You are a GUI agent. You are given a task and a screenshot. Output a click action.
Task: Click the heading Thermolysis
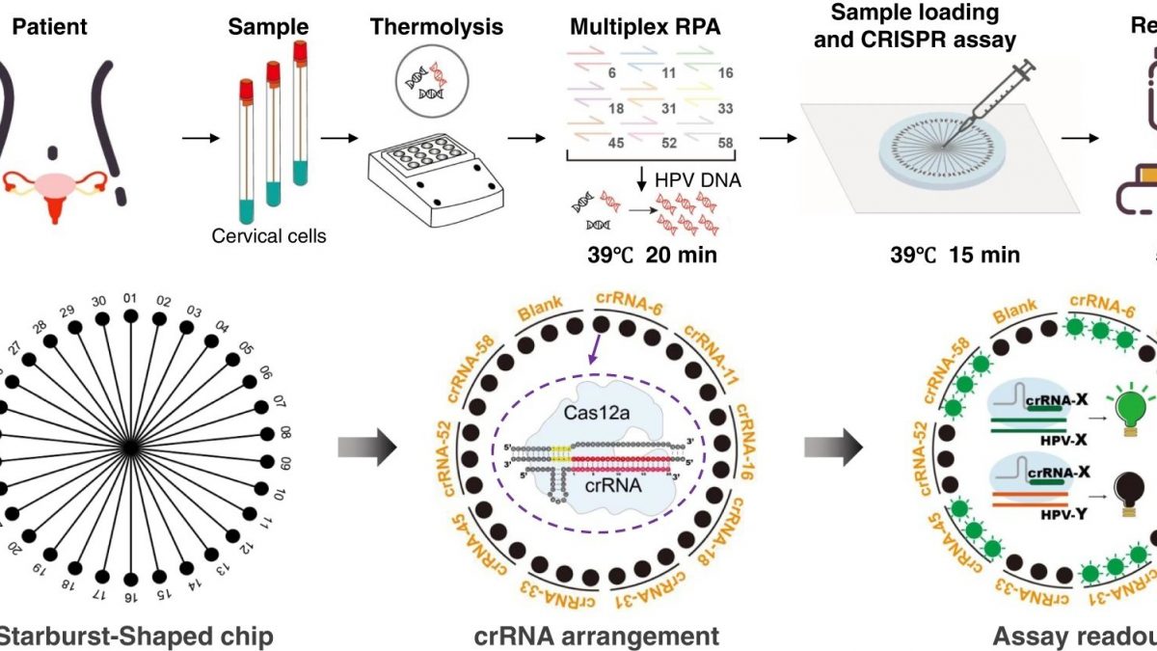point(436,26)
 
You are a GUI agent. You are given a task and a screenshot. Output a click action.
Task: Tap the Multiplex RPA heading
point(643,26)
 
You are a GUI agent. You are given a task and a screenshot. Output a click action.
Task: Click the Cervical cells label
point(272,235)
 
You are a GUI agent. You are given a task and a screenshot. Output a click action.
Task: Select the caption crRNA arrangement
point(596,637)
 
